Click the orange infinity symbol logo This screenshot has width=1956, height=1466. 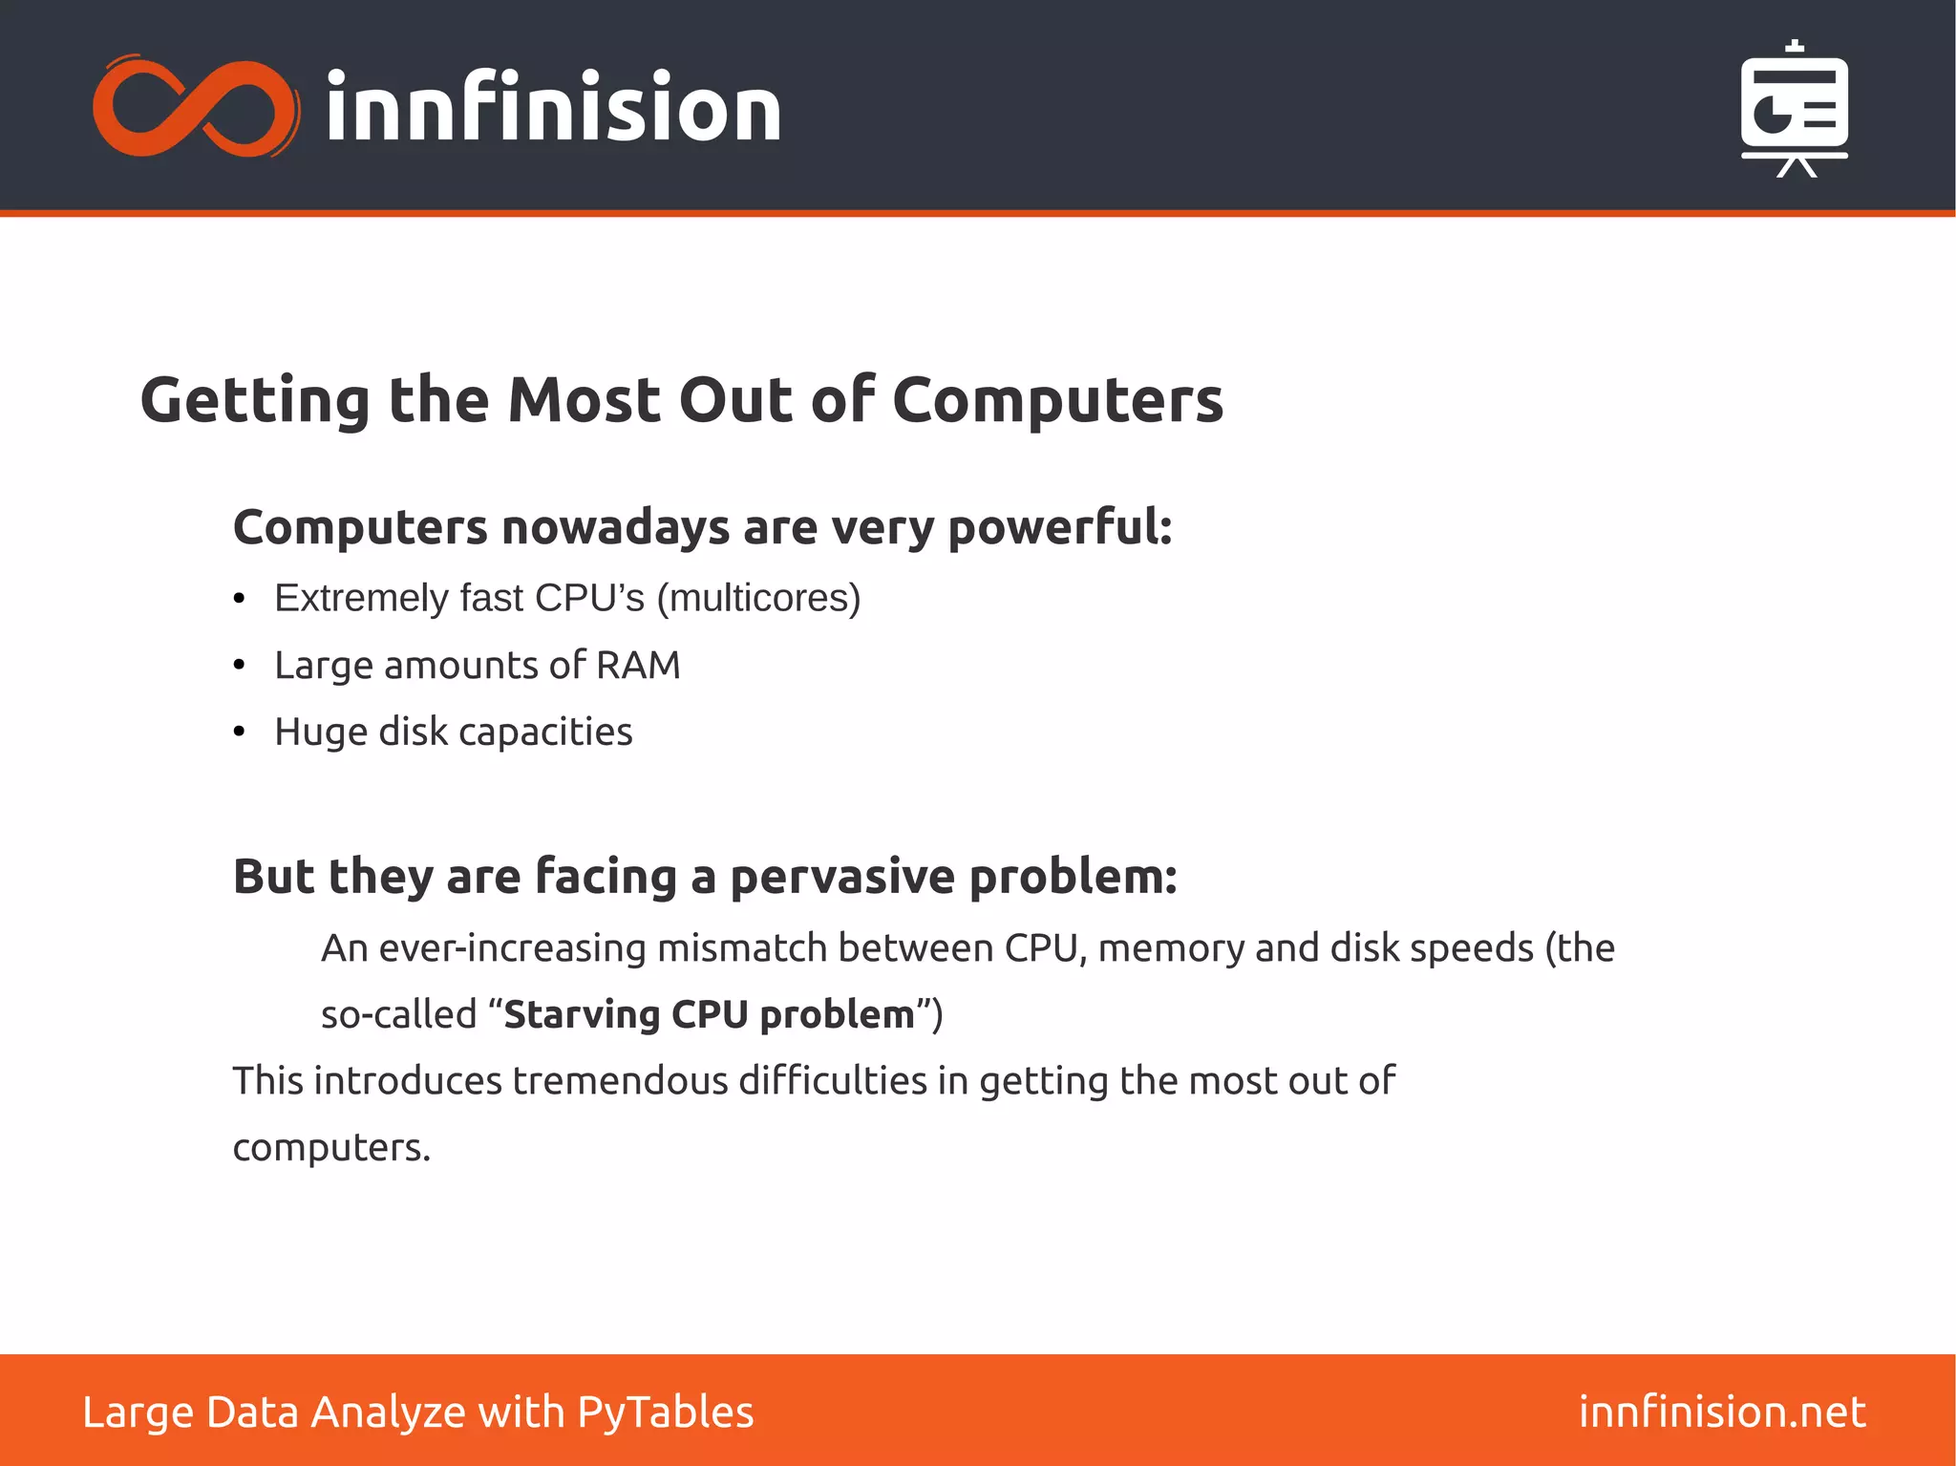click(196, 106)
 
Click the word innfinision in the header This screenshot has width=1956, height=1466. click(553, 108)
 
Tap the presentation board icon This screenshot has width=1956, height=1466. click(1794, 110)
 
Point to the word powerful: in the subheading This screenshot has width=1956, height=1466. click(1060, 527)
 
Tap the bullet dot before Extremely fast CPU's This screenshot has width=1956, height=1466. click(240, 600)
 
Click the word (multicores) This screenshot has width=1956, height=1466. click(758, 599)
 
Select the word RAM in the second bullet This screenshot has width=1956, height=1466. click(638, 666)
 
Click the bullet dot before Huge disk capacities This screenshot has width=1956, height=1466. click(240, 733)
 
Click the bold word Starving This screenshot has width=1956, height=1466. click(582, 1015)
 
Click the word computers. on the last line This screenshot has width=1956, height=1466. click(331, 1148)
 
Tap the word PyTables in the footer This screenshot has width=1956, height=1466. click(665, 1413)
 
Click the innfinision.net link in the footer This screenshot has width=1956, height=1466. click(1722, 1413)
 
